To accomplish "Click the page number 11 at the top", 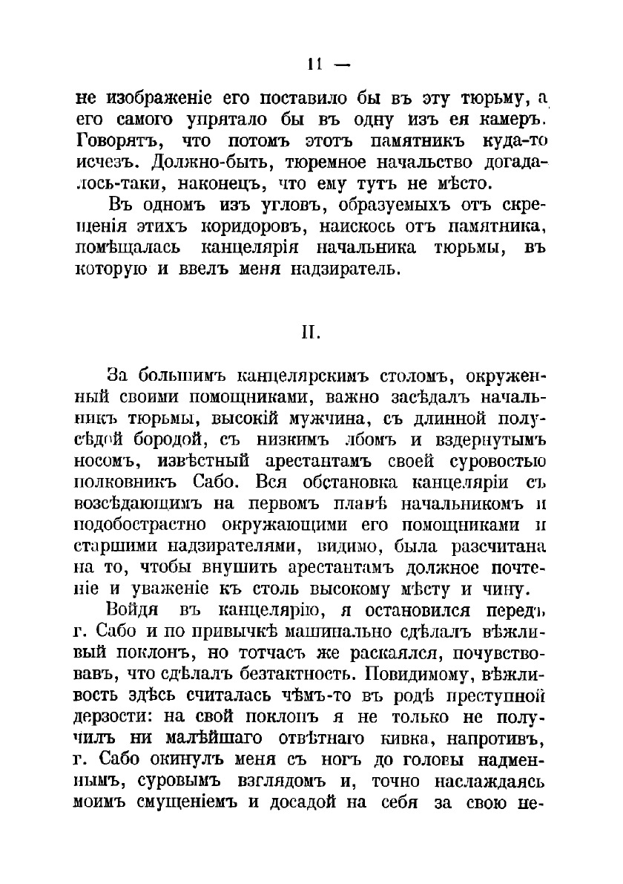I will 311,65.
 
